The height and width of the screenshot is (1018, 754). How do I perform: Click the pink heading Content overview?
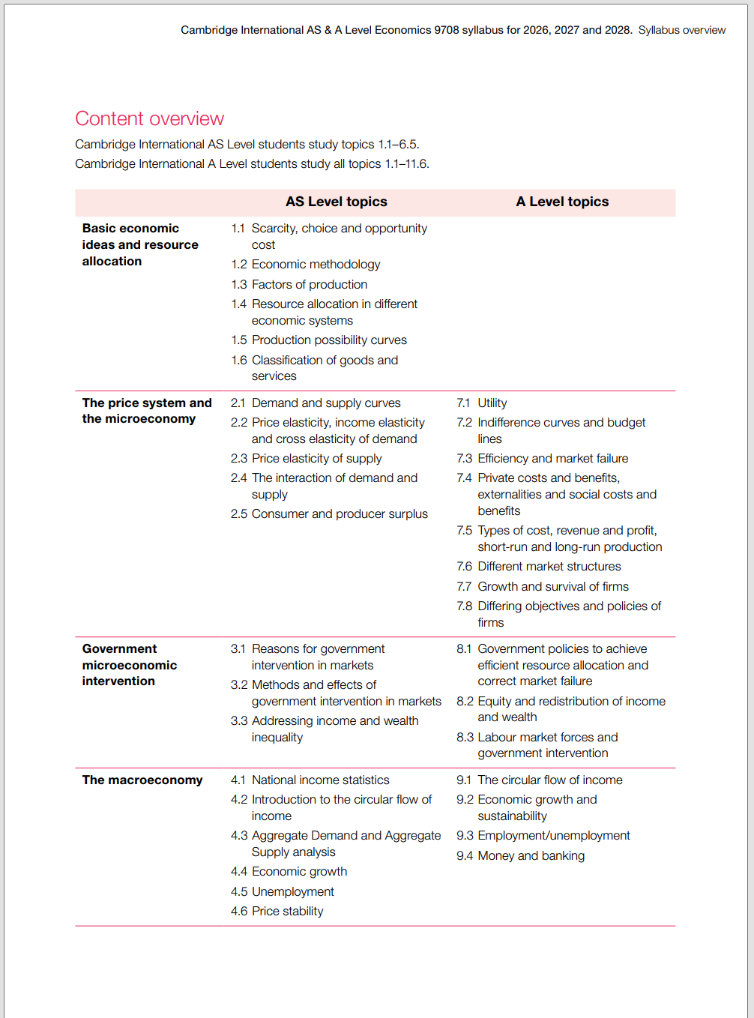click(149, 118)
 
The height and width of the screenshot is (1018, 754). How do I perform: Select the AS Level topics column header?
click(336, 202)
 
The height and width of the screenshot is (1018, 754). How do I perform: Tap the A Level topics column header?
click(562, 202)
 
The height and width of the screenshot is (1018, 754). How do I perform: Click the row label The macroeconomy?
click(142, 780)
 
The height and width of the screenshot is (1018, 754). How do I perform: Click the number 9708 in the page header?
click(447, 30)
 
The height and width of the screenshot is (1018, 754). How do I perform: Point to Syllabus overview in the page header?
click(681, 30)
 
